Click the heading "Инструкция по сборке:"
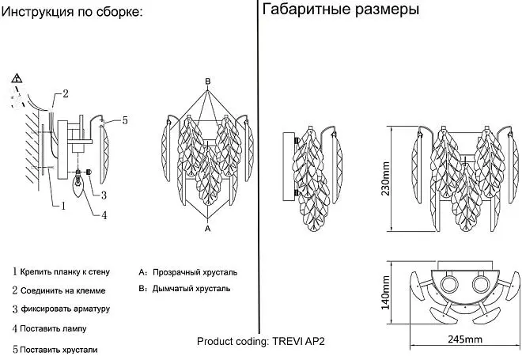pyautogui.click(x=72, y=12)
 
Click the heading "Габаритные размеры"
pyautogui.click(x=341, y=9)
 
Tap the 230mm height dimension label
pyautogui.click(x=385, y=179)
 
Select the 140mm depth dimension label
pyautogui.click(x=385, y=293)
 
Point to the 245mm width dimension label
pyautogui.click(x=465, y=339)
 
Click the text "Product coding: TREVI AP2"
pyautogui.click(x=261, y=341)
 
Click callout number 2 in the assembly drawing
pyautogui.click(x=65, y=93)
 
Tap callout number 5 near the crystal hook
pyautogui.click(x=125, y=120)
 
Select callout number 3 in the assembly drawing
pyautogui.click(x=104, y=195)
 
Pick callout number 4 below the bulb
pyautogui.click(x=104, y=215)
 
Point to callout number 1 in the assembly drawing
pyautogui.click(x=63, y=206)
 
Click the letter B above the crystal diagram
pyautogui.click(x=208, y=81)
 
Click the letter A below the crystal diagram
pyautogui.click(x=208, y=229)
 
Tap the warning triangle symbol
pyautogui.click(x=17, y=79)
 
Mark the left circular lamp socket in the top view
pyautogui.click(x=450, y=285)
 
